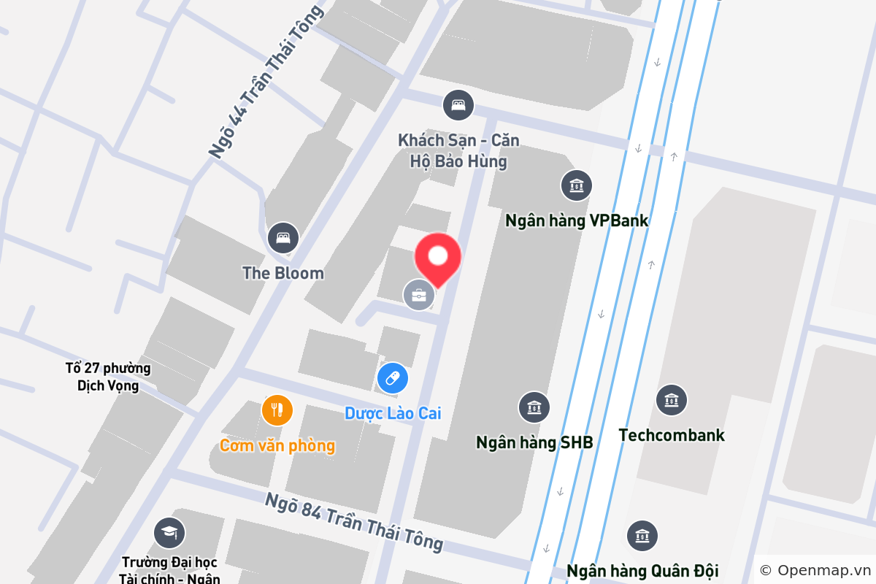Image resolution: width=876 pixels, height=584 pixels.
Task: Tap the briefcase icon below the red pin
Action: pyautogui.click(x=419, y=296)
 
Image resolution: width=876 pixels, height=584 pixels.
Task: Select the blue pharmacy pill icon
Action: pyautogui.click(x=393, y=378)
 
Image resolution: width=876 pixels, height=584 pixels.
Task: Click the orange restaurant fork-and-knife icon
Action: pyautogui.click(x=277, y=410)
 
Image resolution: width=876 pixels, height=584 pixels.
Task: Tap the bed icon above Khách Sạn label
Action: pyautogui.click(x=458, y=105)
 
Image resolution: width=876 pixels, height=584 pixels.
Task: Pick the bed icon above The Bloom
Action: pyautogui.click(x=283, y=238)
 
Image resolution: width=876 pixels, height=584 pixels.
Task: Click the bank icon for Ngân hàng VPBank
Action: pyautogui.click(x=577, y=185)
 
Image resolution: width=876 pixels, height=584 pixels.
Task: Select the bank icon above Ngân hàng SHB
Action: pyautogui.click(x=534, y=407)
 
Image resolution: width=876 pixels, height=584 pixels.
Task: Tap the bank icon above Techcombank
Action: pyautogui.click(x=671, y=400)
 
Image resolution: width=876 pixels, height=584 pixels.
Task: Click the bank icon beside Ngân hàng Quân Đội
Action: pyautogui.click(x=642, y=536)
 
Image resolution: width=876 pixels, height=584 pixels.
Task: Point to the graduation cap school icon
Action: pyautogui.click(x=169, y=533)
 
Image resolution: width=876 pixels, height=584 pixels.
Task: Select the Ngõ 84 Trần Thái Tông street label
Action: pyautogui.click(x=354, y=521)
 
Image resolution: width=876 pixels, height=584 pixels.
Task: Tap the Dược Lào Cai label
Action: pyautogui.click(x=393, y=414)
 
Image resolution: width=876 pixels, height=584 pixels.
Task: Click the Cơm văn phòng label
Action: pyautogui.click(x=277, y=445)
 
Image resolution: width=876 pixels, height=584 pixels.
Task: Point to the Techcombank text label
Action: pyautogui.click(x=671, y=436)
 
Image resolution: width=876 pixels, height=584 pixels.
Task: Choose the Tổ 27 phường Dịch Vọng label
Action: pyautogui.click(x=108, y=377)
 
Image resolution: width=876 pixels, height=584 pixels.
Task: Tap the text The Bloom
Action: pyautogui.click(x=283, y=274)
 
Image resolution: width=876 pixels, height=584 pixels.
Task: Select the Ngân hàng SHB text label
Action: pyautogui.click(x=534, y=442)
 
